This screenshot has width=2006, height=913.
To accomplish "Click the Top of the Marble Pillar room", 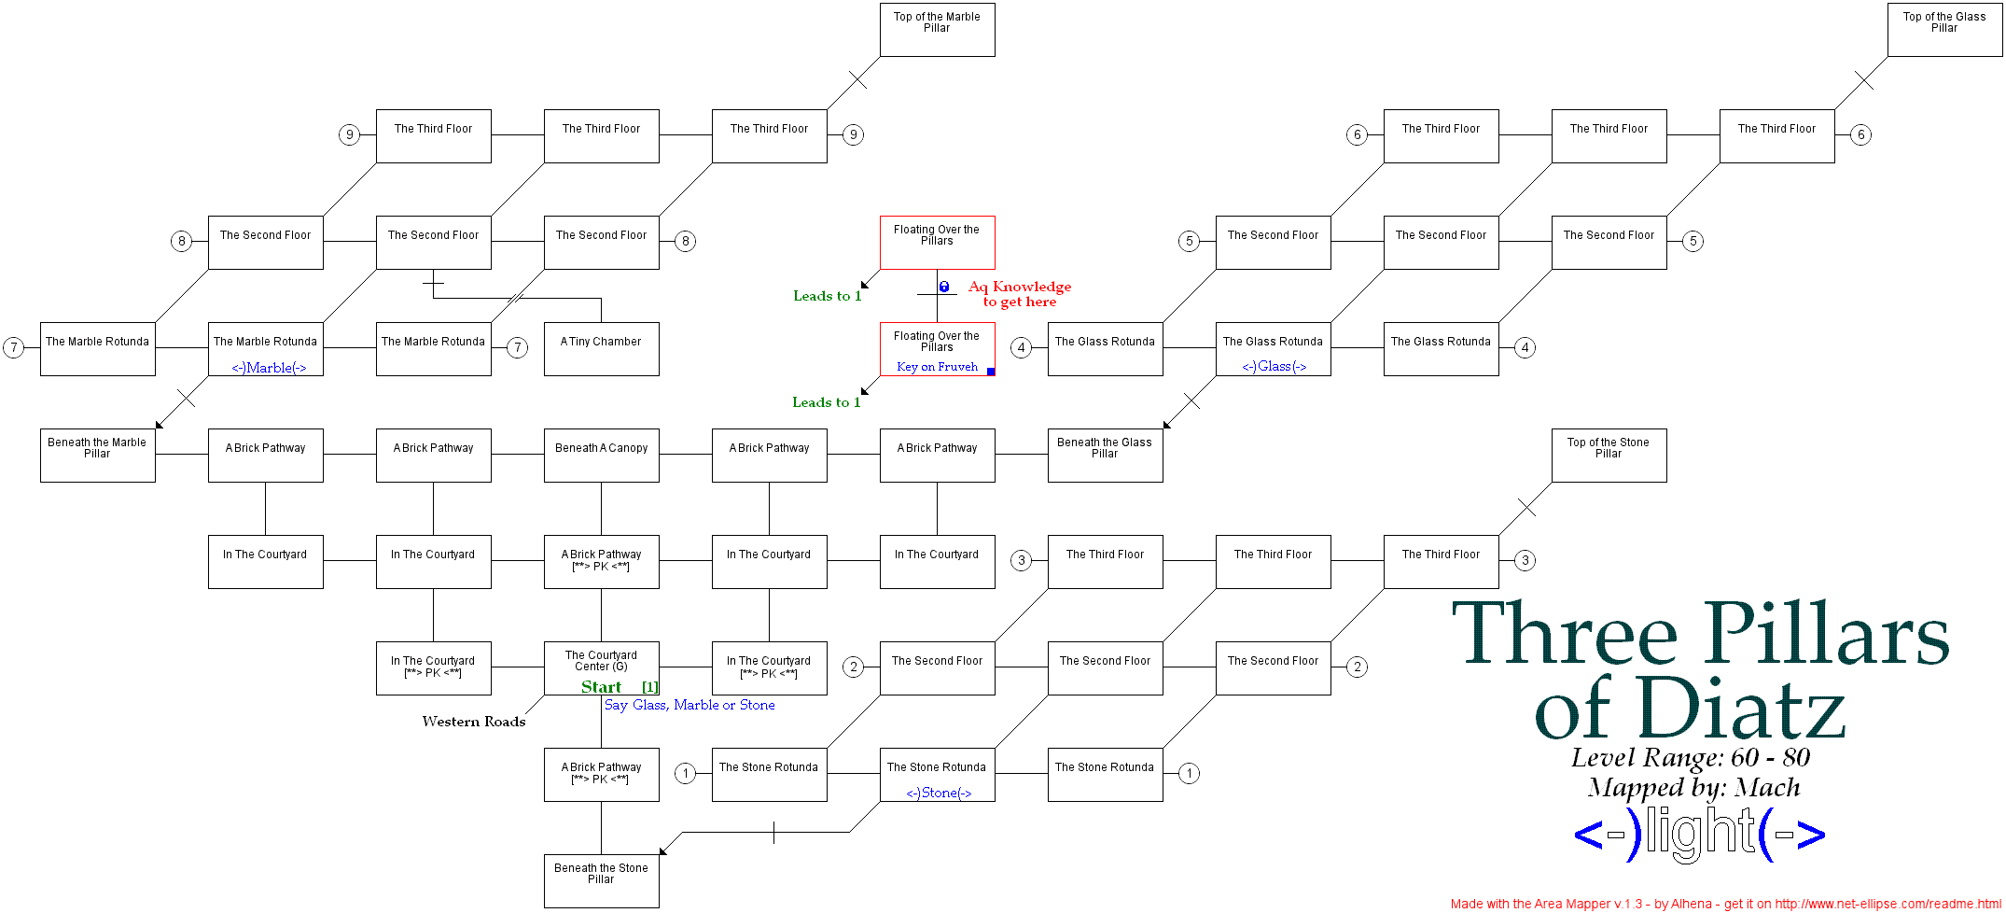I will click(x=937, y=29).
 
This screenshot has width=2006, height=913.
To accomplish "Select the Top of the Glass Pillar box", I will click(x=1944, y=29).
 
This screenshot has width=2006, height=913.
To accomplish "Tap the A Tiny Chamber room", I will click(x=601, y=348).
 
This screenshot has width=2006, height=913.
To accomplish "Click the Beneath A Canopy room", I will click(x=601, y=455).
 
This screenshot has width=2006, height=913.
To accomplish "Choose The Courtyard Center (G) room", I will click(x=601, y=663).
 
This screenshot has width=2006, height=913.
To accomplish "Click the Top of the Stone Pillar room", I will click(x=1609, y=455).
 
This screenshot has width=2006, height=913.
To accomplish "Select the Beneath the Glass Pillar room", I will click(x=1105, y=455).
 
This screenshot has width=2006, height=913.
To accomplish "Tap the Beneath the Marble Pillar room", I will click(x=97, y=455).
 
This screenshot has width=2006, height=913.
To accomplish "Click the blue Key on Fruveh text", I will click(x=937, y=367).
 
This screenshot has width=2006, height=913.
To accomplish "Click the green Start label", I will click(x=601, y=687).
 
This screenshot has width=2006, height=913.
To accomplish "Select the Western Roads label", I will click(x=473, y=722).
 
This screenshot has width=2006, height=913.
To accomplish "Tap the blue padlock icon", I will click(x=944, y=287).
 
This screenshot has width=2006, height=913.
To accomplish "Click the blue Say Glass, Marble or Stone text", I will click(x=690, y=705).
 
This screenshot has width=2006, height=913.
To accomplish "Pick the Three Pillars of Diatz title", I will click(x=1699, y=670).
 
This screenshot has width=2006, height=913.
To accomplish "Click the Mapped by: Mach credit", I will click(x=1693, y=788).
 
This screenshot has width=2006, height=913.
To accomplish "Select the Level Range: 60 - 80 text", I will click(x=1690, y=757).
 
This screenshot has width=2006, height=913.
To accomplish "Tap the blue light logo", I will click(x=1699, y=834).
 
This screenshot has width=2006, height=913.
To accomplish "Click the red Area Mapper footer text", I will click(x=1725, y=904).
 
